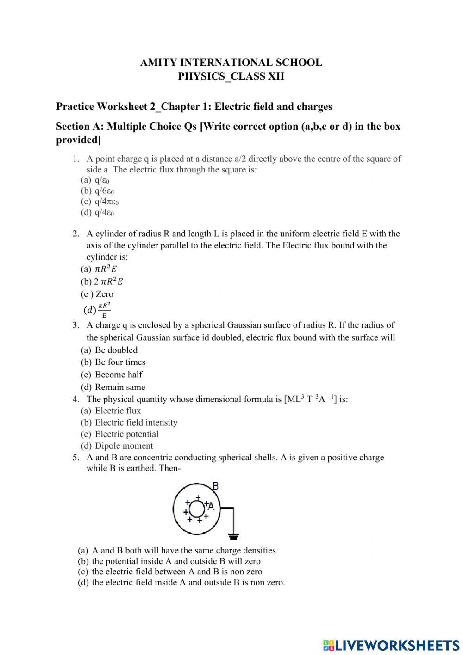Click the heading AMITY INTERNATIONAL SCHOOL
coord(231,63)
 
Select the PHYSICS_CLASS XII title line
coord(231,76)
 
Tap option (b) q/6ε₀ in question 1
coord(98,191)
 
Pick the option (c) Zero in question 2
coord(97,294)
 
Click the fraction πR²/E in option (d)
coord(104,310)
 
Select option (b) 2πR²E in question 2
coord(102,281)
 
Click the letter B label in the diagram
coord(215,486)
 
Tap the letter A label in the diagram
coord(211,506)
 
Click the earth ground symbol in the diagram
coord(234,536)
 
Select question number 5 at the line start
coord(75,458)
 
